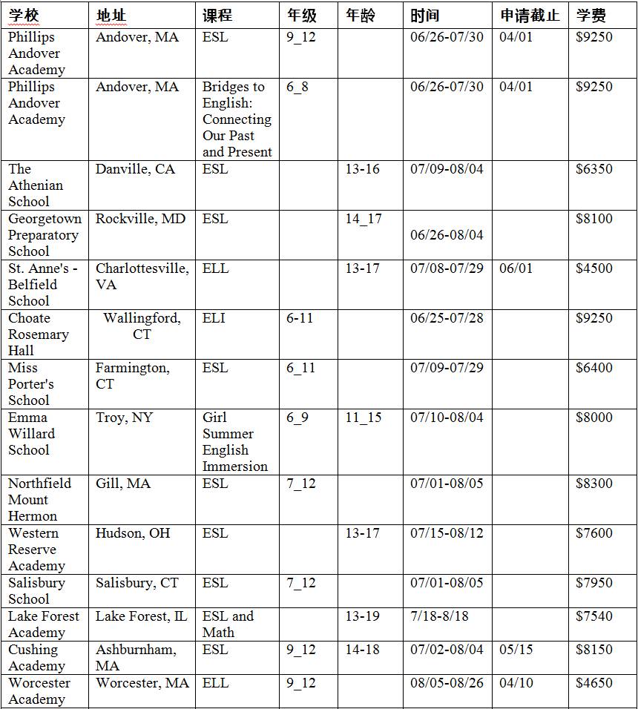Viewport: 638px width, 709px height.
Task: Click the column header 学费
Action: click(x=591, y=16)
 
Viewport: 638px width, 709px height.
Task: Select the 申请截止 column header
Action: click(x=529, y=16)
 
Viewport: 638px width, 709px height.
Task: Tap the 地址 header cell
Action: click(x=111, y=16)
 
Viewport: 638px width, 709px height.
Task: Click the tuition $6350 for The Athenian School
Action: click(x=594, y=169)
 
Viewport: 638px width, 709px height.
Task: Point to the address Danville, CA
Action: click(x=135, y=169)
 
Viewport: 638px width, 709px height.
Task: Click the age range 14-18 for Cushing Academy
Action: click(x=362, y=650)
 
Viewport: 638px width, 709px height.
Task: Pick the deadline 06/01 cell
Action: click(x=516, y=268)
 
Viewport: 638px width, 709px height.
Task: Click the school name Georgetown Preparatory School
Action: click(x=43, y=235)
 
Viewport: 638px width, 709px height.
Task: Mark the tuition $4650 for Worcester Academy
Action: click(x=594, y=683)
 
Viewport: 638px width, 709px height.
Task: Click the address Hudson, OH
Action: click(x=133, y=533)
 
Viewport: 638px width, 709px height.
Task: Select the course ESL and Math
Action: click(x=228, y=624)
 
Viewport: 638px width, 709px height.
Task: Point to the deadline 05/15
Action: click(x=516, y=650)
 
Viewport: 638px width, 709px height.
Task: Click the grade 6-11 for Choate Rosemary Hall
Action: click(x=300, y=318)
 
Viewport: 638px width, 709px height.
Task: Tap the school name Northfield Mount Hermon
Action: click(x=39, y=500)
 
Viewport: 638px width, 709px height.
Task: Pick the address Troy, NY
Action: click(x=124, y=418)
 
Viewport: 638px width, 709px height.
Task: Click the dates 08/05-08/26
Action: click(x=447, y=683)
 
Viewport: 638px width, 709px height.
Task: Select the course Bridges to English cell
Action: click(x=237, y=119)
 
